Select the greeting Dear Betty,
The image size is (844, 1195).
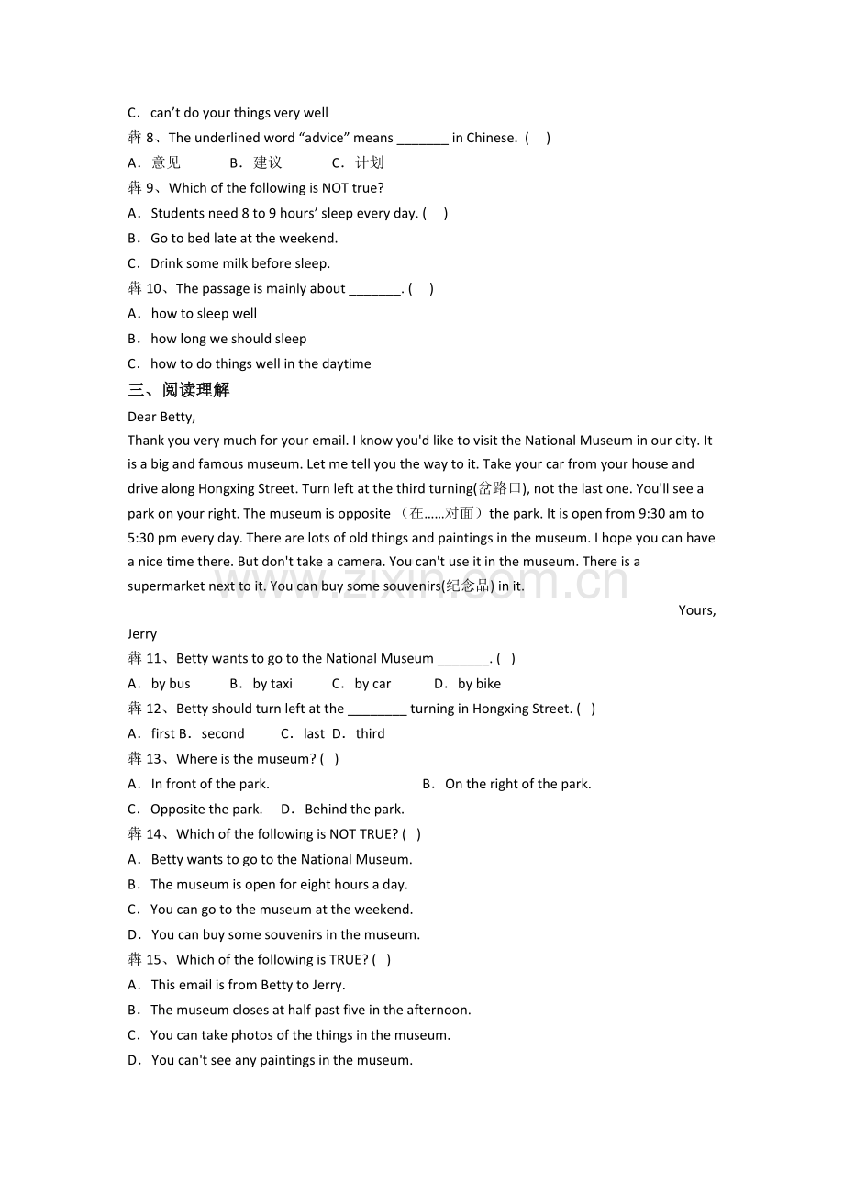(161, 417)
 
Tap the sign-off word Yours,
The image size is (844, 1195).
(696, 609)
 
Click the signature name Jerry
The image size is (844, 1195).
(142, 633)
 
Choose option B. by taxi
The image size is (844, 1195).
(261, 684)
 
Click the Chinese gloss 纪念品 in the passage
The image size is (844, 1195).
(468, 586)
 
